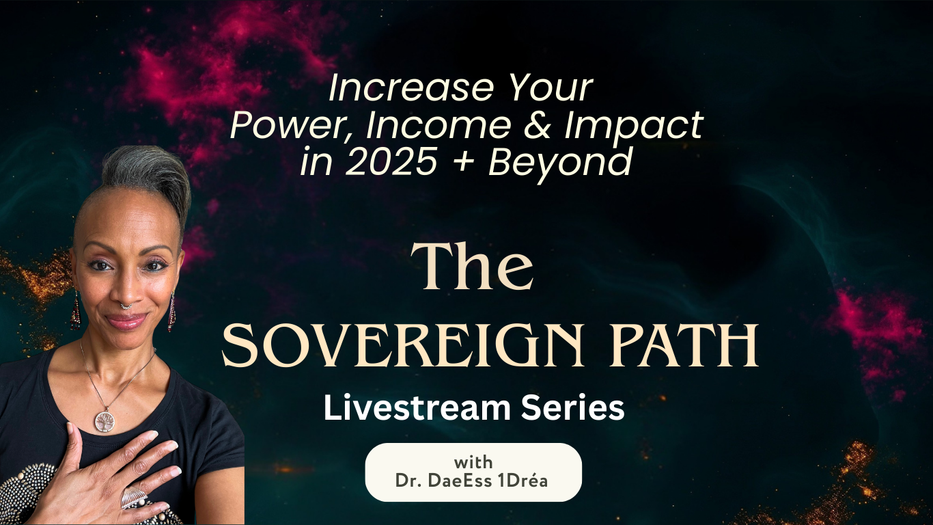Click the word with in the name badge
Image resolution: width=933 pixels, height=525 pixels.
(473, 462)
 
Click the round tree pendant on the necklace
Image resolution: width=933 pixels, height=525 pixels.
(105, 420)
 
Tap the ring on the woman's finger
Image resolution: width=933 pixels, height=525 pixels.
(133, 497)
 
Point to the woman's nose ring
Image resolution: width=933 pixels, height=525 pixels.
(126, 305)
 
